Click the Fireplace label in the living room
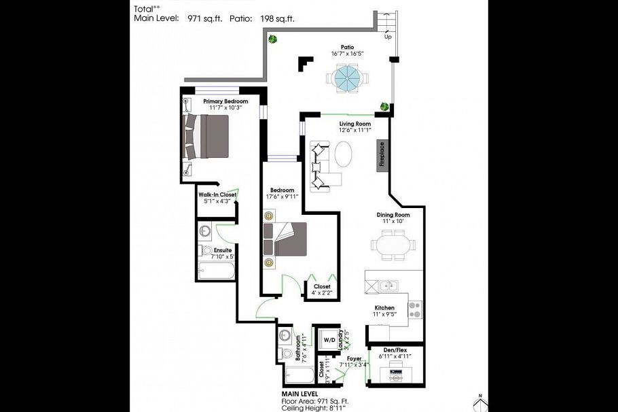click(383, 154)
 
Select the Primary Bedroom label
click(222, 101)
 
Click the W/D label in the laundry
click(328, 339)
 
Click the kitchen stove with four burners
click(415, 309)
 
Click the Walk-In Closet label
click(217, 194)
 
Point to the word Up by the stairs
click(388, 37)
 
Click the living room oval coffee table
click(342, 152)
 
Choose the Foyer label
click(354, 358)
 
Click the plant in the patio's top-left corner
click(272, 39)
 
